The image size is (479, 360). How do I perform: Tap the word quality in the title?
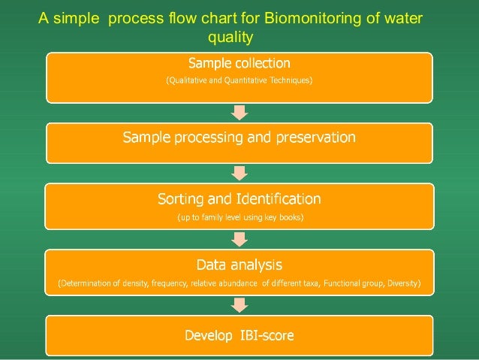pos(235,35)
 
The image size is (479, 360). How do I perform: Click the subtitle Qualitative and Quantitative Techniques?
pos(239,80)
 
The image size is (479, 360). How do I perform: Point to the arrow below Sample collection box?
pos(239,113)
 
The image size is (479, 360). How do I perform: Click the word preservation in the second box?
pos(308,138)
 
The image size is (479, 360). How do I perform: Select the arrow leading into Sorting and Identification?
pos(239,173)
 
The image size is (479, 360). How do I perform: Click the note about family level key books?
pos(239,217)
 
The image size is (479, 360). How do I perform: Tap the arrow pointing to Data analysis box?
pos(239,239)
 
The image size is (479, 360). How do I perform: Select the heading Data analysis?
pos(239,265)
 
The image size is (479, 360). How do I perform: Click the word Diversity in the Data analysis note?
pos(402,283)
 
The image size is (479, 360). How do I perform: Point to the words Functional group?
pos(351,283)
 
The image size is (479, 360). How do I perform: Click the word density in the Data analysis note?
pos(134,283)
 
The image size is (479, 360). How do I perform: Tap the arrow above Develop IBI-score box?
pos(239,304)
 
